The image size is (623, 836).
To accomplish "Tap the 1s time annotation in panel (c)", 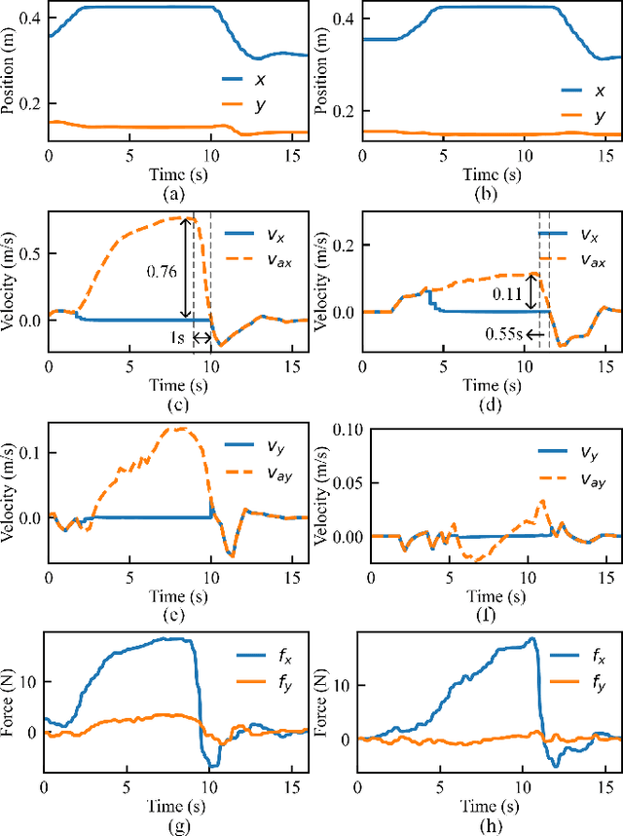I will click(x=176, y=337).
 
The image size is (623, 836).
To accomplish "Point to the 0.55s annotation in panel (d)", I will click(x=503, y=334).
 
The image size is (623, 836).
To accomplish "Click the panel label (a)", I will click(x=175, y=194).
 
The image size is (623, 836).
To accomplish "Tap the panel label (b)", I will click(x=489, y=194).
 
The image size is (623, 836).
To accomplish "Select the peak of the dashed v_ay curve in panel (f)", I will click(x=542, y=501).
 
